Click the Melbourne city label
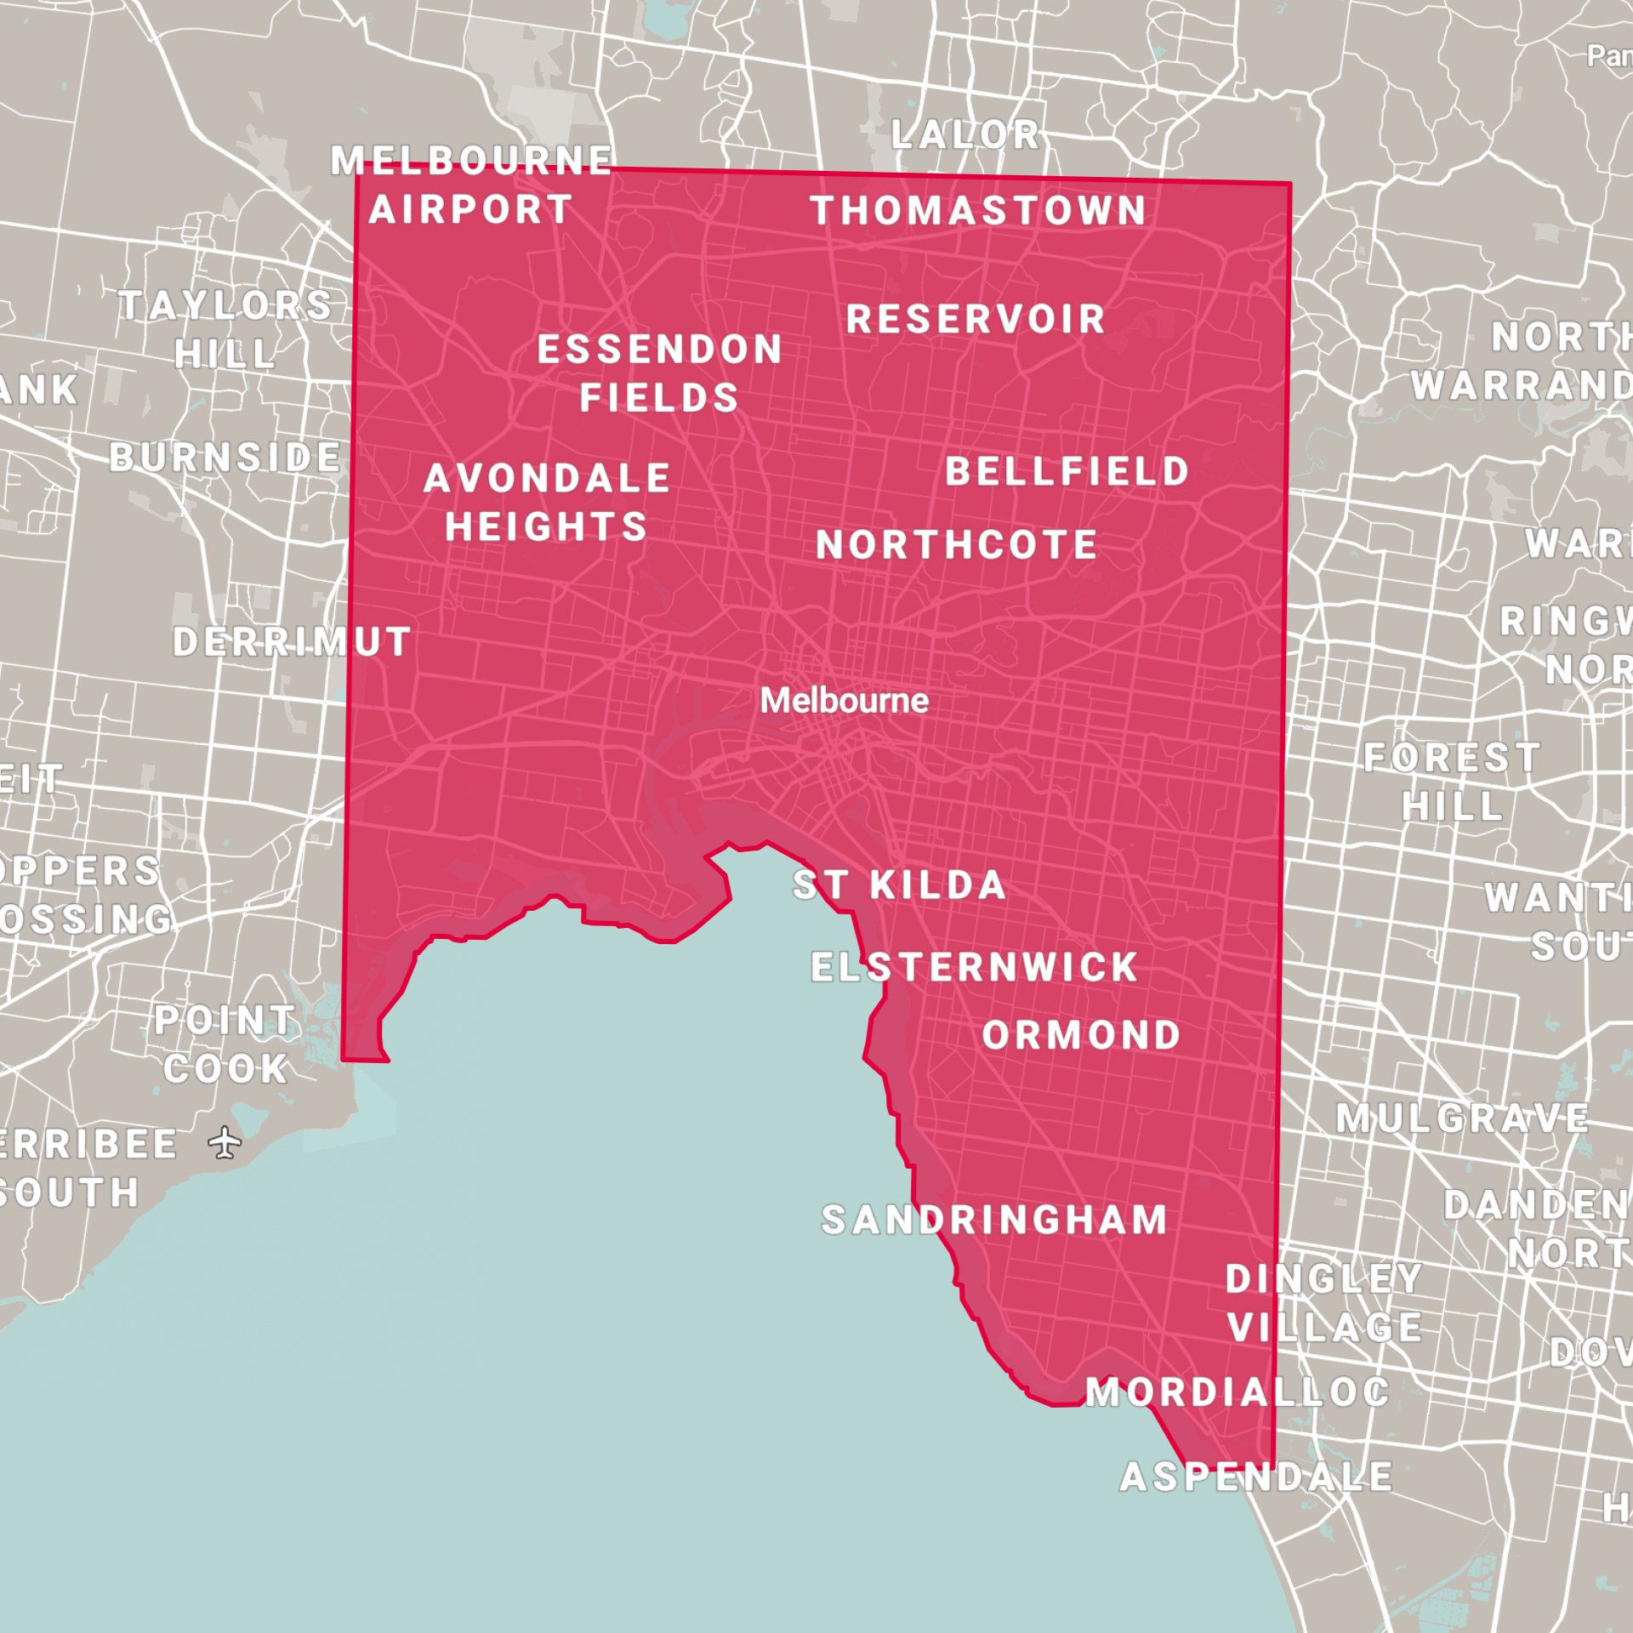click(x=844, y=701)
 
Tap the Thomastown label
click(x=978, y=211)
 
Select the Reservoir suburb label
click(x=976, y=320)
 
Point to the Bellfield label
click(x=1067, y=471)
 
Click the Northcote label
click(x=957, y=545)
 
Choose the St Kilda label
click(x=899, y=885)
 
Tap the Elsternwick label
click(x=974, y=967)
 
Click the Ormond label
click(x=1081, y=1035)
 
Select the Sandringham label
click(x=994, y=1220)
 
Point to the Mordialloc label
click(x=1238, y=1392)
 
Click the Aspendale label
click(x=1256, y=1477)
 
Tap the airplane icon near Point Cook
click(x=225, y=1142)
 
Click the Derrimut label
click(x=293, y=641)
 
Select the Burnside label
click(x=225, y=458)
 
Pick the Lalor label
click(x=965, y=134)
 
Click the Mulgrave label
click(x=1462, y=1118)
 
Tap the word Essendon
click(x=659, y=350)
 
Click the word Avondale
click(x=547, y=478)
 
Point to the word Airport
click(x=470, y=210)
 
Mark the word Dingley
click(x=1323, y=1278)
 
